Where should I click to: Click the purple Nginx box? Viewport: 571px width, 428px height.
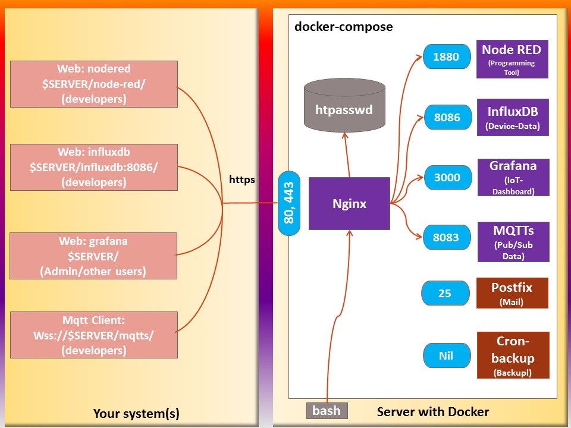click(349, 204)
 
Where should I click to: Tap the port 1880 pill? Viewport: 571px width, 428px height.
click(446, 57)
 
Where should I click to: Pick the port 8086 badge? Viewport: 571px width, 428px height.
click(447, 117)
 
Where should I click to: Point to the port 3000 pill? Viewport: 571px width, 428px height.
click(447, 177)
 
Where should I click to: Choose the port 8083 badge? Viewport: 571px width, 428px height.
click(445, 237)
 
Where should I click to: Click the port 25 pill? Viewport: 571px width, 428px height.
click(445, 294)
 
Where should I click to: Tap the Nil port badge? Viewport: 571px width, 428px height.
click(446, 355)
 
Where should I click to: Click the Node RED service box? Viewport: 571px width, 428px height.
click(512, 59)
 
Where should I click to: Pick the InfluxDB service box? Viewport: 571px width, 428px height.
click(512, 118)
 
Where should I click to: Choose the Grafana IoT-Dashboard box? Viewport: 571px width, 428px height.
click(513, 177)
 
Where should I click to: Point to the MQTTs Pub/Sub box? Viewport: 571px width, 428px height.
click(513, 242)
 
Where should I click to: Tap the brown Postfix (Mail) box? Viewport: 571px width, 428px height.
click(512, 293)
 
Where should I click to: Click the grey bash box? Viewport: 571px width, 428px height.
click(327, 410)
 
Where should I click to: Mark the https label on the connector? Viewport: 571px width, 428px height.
click(242, 179)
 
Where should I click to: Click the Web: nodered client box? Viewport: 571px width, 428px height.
click(94, 84)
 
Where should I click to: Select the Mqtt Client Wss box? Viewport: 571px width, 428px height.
click(94, 335)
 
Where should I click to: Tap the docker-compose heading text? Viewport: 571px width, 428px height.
click(344, 27)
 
